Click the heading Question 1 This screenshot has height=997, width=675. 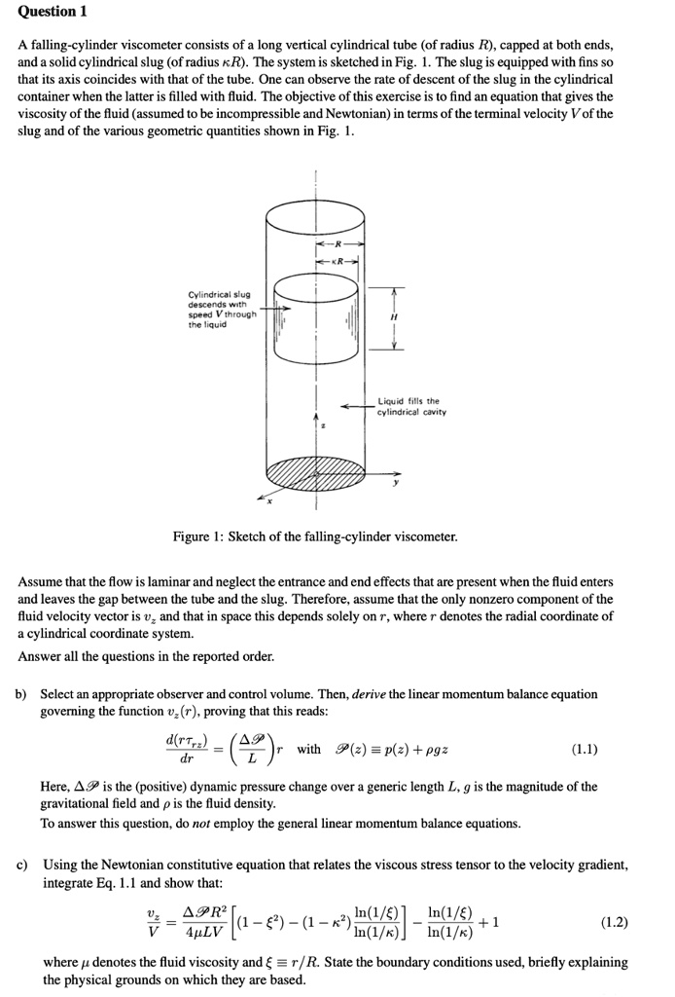point(52,12)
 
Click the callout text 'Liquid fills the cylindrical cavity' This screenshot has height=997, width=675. point(408,406)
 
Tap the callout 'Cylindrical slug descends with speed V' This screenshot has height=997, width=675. point(222,309)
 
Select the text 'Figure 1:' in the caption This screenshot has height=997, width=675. point(197,536)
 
